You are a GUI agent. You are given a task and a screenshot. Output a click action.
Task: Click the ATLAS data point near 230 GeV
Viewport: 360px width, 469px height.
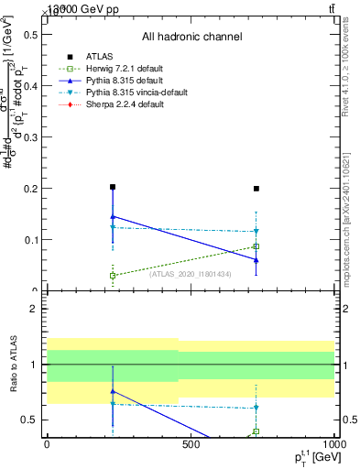pos(113,187)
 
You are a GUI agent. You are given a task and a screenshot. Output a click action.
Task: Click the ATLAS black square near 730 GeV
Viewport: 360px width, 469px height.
pos(256,189)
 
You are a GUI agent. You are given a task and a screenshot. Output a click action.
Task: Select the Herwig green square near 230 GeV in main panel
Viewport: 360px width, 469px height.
pos(113,275)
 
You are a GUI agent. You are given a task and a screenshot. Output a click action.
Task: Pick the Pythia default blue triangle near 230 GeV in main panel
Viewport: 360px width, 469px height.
pos(113,216)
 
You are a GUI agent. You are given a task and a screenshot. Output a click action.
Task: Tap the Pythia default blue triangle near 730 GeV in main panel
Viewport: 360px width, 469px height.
pos(256,260)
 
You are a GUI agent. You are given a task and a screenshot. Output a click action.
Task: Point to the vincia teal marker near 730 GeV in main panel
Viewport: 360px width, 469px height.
pos(256,232)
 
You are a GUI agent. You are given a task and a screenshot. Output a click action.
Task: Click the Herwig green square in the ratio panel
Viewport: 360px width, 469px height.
pos(256,431)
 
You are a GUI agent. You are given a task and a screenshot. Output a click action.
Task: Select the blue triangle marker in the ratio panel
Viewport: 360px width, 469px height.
pos(113,391)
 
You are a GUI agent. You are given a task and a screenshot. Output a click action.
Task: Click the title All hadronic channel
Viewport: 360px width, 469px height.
pos(191,37)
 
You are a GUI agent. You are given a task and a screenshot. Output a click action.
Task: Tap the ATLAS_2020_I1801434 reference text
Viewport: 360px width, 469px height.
pos(190,273)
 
